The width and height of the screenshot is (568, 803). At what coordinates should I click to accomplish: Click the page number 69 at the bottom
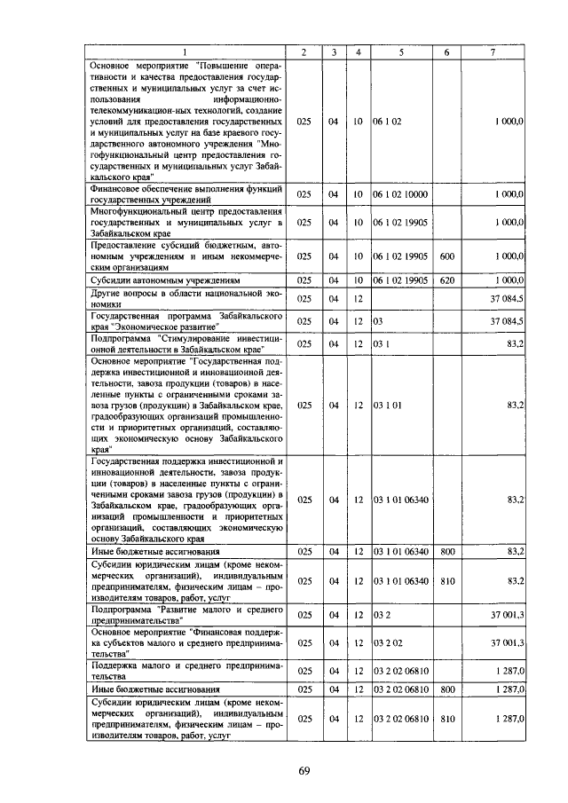tap(303, 770)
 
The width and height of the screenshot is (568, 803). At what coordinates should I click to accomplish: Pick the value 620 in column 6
tap(446, 280)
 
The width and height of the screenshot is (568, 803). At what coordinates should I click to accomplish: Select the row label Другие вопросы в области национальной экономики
tap(185, 296)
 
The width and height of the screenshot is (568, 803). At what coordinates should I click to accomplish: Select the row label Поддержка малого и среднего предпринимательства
tap(185, 668)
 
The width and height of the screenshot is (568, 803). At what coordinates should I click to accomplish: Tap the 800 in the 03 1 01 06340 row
tap(446, 551)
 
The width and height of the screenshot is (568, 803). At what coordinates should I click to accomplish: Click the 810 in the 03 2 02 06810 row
tap(446, 718)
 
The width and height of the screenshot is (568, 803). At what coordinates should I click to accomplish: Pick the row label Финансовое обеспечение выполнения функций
tap(185, 193)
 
